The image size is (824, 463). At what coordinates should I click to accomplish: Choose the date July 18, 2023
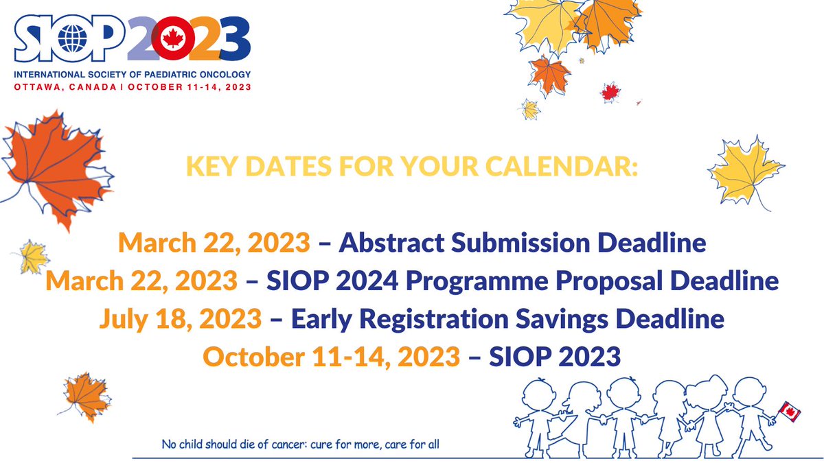coord(180,318)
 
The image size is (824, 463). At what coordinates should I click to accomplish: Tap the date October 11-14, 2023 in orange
coord(331,357)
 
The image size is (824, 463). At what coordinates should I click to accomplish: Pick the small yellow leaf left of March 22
coord(33,257)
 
